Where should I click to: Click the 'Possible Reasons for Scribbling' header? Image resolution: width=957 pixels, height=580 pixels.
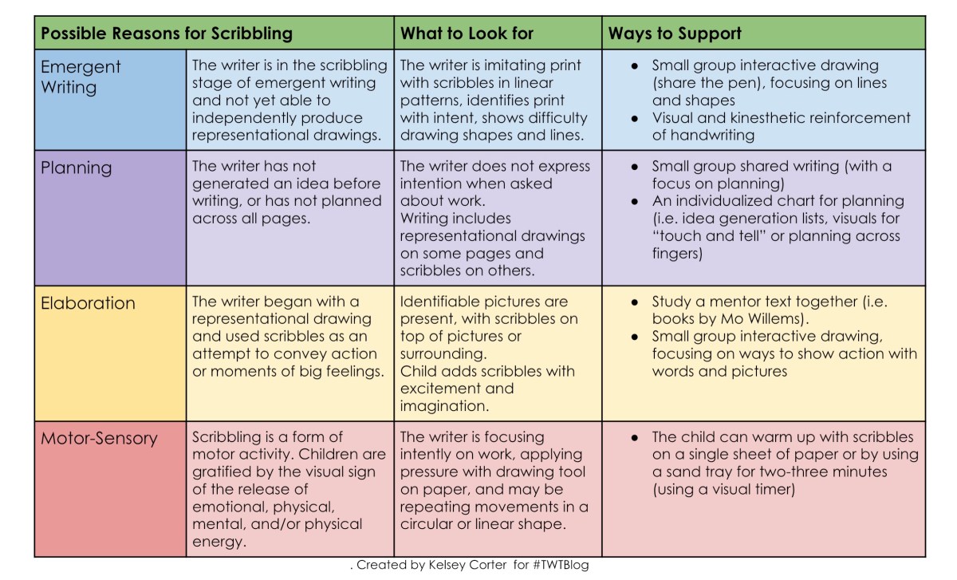(x=167, y=34)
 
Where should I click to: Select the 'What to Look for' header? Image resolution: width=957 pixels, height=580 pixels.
(x=467, y=34)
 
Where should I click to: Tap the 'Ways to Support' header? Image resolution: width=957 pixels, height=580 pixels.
(x=675, y=34)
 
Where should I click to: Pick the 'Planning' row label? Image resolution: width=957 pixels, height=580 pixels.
(x=77, y=168)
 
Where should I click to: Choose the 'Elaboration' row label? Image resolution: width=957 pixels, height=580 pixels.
(x=89, y=303)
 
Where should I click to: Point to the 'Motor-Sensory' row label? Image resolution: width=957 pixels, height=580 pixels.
(x=100, y=438)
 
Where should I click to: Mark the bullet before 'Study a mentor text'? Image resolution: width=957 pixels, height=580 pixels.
(x=634, y=303)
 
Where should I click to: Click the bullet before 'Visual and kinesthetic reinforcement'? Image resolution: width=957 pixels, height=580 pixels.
(x=634, y=118)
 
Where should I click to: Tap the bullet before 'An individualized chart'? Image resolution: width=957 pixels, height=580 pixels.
(x=634, y=201)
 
